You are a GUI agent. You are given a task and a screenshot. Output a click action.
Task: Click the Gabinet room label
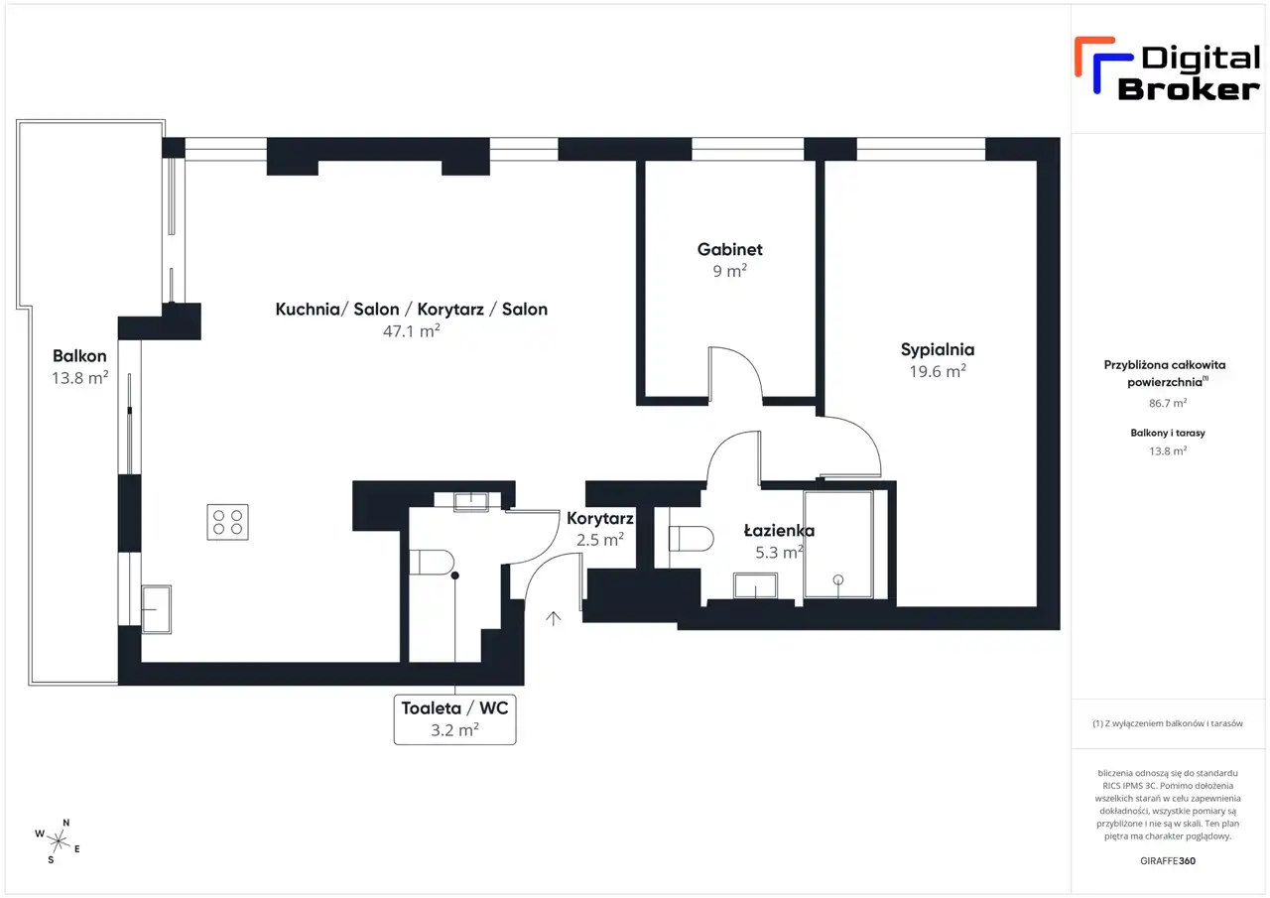(729, 249)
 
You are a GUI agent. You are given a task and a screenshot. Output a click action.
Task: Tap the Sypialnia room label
(938, 350)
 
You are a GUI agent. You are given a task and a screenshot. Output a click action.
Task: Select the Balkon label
(79, 356)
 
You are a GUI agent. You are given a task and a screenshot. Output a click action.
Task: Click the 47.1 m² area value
(412, 331)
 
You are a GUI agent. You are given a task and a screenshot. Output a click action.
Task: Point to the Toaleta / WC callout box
(454, 719)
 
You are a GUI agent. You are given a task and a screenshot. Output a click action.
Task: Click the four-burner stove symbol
(227, 522)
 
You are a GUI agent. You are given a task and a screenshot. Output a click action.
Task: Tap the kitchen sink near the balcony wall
(156, 609)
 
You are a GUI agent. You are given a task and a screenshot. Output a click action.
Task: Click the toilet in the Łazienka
(691, 539)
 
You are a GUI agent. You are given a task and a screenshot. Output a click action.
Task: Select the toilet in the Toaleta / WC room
(432, 563)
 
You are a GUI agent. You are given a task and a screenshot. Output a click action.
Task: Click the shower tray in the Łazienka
(838, 544)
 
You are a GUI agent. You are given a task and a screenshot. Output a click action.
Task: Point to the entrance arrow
(554, 618)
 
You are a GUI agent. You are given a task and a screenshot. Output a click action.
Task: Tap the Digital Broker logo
(1167, 69)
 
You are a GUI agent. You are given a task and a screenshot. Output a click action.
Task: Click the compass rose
(58, 841)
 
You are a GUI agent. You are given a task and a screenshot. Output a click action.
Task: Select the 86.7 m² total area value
(1168, 403)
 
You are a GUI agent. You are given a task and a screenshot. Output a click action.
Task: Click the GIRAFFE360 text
(1168, 860)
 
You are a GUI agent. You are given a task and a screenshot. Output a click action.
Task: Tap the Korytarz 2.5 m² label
(600, 529)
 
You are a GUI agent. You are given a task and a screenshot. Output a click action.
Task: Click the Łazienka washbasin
(755, 585)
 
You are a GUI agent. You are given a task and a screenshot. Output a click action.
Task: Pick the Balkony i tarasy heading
(1168, 434)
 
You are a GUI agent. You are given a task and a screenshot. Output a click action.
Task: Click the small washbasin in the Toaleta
(471, 502)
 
